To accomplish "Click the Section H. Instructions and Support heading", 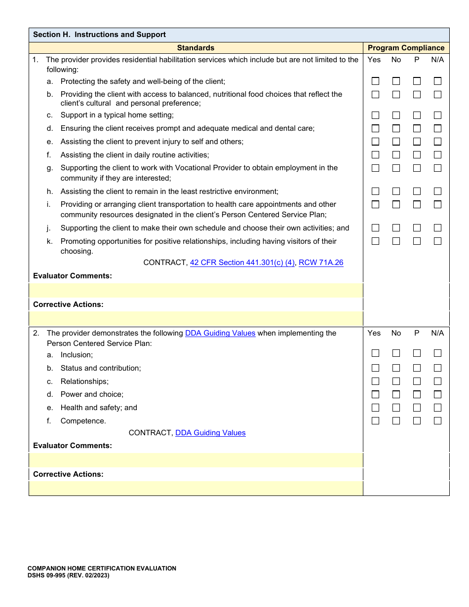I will (x=99, y=35).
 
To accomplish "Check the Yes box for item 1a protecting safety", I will (x=375, y=81).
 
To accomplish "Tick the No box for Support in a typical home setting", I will (x=396, y=115).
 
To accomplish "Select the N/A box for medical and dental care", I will (x=437, y=128).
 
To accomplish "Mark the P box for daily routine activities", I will (x=417, y=155).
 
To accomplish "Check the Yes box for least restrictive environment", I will (x=375, y=191).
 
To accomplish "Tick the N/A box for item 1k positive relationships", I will (x=437, y=241).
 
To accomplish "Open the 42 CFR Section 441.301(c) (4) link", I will (x=242, y=263).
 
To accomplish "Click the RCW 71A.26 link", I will (x=321, y=263).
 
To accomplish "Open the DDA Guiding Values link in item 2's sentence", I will (x=220, y=333).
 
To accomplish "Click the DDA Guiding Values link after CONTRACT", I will (x=210, y=433).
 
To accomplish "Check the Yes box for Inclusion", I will (x=375, y=353).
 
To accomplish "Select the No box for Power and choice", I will (x=396, y=394).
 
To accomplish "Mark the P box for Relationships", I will (x=417, y=381).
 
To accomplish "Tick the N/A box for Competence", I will (x=437, y=421).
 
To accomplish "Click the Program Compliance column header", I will (x=406, y=48).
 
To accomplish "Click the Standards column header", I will (x=195, y=48).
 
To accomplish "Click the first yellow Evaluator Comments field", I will (x=196, y=290).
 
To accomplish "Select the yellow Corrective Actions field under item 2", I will (x=196, y=488).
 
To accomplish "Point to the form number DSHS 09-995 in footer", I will (x=68, y=575).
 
